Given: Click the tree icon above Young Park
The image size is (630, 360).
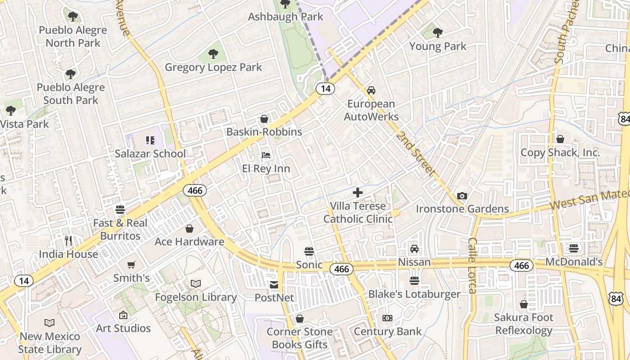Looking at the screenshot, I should coord(437,32).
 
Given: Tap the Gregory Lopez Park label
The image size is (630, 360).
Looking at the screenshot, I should coord(213,67).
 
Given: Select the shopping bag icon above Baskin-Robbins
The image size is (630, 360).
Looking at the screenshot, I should coord(264,119).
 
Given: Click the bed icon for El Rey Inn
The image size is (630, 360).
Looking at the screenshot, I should coord(266,156).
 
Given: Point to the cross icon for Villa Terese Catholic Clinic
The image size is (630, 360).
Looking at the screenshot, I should coord(358,193).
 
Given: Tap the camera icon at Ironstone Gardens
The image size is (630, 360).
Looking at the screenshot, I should coord(462,196).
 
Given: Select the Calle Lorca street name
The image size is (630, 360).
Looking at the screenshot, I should coord(472,265).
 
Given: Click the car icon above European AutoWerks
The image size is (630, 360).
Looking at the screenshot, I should coord(371,90).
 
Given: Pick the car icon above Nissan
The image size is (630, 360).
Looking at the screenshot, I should coord(414,249).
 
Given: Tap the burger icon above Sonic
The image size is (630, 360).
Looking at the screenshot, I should coord(309,251).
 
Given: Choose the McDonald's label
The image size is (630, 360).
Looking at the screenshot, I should coord(574,262).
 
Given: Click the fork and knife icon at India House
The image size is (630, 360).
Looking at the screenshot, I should coord(68,241).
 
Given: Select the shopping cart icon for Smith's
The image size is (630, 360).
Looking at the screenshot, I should coord(131,265).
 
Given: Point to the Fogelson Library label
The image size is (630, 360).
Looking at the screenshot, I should coord(196,297).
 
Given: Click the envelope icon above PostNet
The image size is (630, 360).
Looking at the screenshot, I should coord(274,285).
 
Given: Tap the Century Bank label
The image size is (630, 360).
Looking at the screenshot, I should coord(388,332).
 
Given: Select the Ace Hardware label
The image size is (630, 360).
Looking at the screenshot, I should coord(189,242).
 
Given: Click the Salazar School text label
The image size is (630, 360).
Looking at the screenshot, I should coord(150,153).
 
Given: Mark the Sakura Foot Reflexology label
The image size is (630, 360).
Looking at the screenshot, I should coord(523,324).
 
